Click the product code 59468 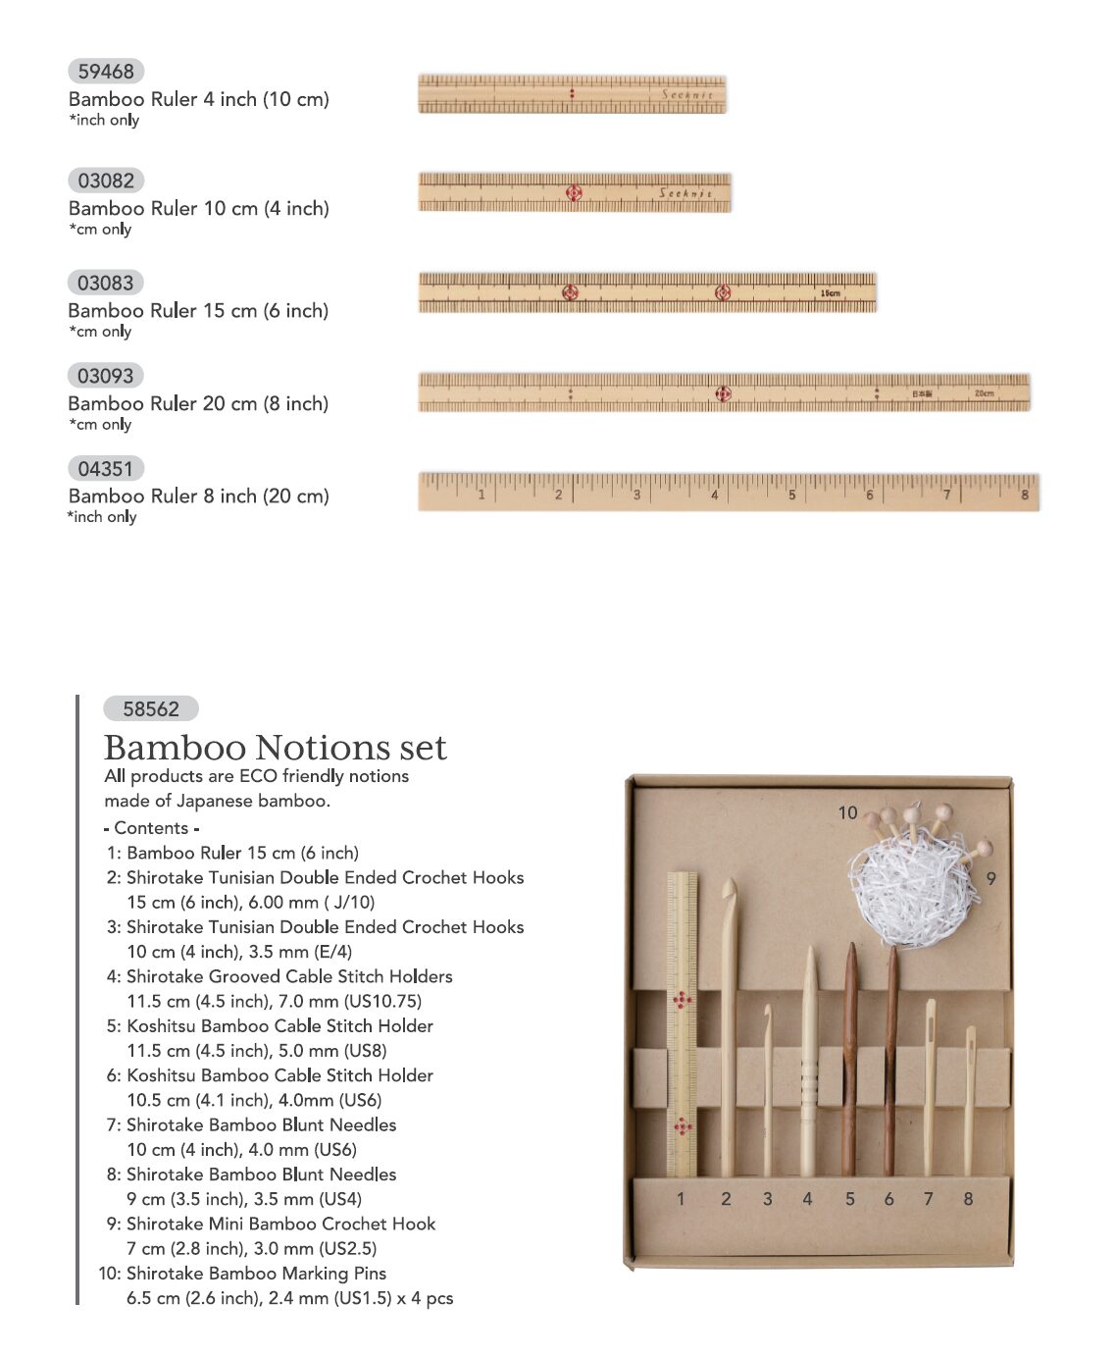point(106,72)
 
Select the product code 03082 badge point(106,181)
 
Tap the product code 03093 point(106,376)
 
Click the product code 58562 point(151,709)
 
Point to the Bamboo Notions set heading point(275,748)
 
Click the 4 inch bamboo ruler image point(572,94)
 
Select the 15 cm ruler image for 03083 point(647,292)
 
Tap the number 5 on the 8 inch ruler point(791,495)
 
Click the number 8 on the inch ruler point(1025,495)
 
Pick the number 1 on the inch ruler point(481,495)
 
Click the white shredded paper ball point(912,888)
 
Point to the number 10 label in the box point(847,812)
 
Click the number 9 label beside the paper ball point(990,878)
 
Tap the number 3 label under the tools point(767,1198)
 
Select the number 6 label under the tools point(888,1198)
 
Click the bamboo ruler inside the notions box point(682,1025)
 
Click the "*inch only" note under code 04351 point(102,517)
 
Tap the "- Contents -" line point(151,828)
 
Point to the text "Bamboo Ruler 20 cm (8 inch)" point(198,403)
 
